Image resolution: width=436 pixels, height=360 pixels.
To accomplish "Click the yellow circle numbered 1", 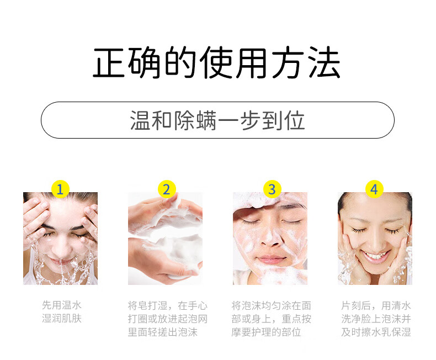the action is pos(60,189).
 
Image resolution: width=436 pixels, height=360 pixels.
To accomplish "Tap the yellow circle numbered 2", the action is pos(167,189).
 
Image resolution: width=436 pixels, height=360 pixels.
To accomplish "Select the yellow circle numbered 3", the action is pos(272,189).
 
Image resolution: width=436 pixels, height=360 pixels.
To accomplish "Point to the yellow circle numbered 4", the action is pos(374,189).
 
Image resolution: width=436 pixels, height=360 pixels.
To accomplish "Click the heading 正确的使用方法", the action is pos(216,62).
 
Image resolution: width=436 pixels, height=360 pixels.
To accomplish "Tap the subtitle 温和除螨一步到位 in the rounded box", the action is pos(217,120).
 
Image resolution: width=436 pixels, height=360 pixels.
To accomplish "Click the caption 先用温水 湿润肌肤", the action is pos(62,311).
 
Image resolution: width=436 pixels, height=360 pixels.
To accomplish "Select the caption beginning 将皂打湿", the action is pos(168,319).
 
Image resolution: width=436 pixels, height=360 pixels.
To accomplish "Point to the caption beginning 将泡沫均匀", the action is pos(271,319).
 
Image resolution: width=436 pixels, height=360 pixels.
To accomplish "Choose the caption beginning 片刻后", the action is pos(376,319).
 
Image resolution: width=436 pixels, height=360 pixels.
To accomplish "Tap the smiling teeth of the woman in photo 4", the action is pos(375,256).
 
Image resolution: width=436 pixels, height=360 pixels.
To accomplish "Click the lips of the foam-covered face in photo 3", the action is pos(271,260).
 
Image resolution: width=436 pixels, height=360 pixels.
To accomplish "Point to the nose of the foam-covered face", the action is pos(270,240).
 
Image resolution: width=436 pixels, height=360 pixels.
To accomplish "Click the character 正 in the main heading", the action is pos(108,62).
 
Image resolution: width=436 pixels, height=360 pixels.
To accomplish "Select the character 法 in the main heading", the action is pos(325,62).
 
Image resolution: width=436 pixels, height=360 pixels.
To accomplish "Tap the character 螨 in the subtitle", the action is pos(206,120).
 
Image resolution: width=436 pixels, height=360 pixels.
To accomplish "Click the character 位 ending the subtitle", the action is pos(295,120).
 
